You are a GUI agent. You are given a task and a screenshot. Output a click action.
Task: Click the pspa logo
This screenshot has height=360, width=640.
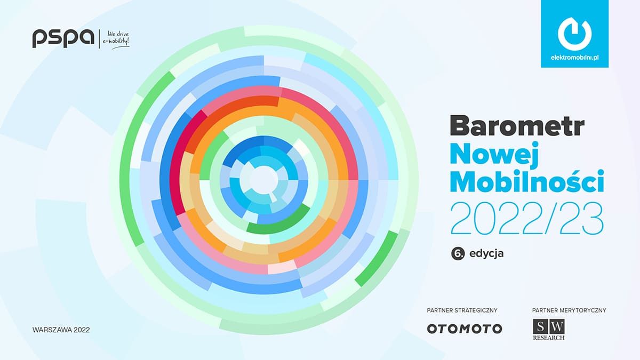coord(63,38)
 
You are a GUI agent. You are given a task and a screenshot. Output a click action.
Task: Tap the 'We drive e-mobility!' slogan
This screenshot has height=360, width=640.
coord(116,39)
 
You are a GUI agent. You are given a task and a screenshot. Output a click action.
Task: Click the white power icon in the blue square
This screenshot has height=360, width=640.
coord(574,34)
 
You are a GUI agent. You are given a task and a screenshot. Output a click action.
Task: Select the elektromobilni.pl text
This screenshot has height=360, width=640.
coord(574,58)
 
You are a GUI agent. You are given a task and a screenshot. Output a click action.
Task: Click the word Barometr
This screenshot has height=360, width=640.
coord(517,126)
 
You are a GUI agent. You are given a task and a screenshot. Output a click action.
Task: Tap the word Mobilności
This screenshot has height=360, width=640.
coord(527,181)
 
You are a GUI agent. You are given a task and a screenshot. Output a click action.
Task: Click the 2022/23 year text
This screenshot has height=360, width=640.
coord(527,218)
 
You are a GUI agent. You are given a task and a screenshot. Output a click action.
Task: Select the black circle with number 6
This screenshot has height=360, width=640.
coord(458,253)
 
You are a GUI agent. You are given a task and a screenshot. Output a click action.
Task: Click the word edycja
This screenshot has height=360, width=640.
coord(486,254)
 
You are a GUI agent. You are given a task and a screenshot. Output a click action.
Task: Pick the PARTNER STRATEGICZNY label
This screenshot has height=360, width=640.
coord(462,310)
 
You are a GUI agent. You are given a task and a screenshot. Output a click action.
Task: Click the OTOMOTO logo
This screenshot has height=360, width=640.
coord(465,329)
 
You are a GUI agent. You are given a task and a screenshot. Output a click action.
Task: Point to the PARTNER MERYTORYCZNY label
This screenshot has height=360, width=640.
coord(569,310)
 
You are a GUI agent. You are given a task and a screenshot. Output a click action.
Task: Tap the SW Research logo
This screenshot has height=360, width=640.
coord(549,330)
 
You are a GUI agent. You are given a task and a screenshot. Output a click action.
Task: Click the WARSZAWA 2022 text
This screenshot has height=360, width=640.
coord(61,330)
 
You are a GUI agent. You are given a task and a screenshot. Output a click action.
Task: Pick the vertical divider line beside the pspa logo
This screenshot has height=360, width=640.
coord(99,39)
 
